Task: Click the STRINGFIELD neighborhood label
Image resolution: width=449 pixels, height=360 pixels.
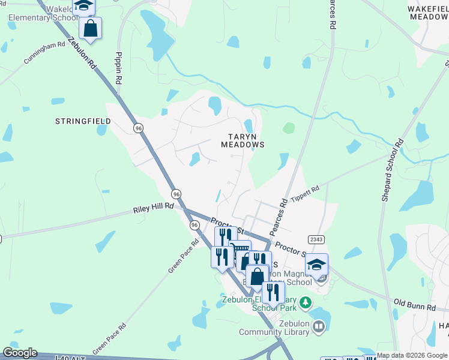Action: pos(83,121)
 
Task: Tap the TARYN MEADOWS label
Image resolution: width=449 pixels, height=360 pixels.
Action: pos(243,140)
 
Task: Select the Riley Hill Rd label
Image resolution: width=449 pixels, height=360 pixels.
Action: pos(153,208)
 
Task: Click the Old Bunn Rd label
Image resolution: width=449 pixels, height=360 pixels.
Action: pos(414,304)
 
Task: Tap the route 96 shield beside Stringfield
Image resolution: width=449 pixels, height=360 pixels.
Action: pos(139,128)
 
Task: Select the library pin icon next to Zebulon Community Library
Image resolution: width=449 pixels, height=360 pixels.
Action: pos(319,327)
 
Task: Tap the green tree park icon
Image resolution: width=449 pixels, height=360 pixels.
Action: pos(306,302)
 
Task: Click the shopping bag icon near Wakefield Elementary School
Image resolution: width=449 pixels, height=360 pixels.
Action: pos(90,28)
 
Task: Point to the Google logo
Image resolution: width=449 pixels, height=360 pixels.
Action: pos(20,353)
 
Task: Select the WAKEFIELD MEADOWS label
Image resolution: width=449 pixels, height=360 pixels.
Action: pos(427,13)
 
